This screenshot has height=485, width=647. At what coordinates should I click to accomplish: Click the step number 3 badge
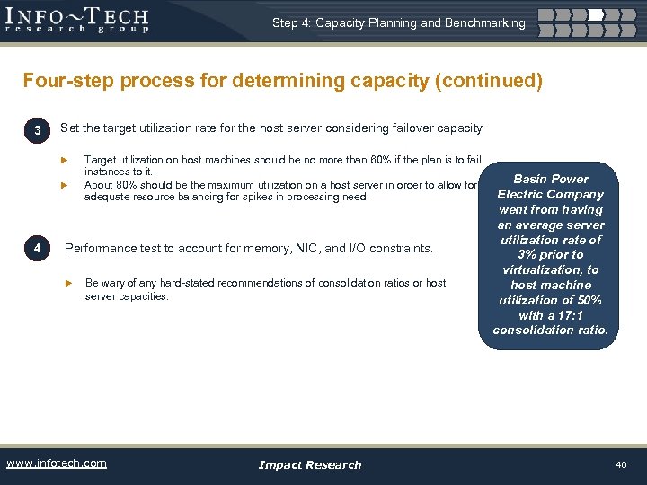point(37,132)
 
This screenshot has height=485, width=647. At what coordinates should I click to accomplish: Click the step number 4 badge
point(37,248)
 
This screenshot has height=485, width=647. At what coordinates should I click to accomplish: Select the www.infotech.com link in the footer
point(56,463)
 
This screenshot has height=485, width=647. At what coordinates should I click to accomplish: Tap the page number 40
point(620,464)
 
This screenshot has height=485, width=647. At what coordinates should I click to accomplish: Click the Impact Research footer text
point(309,464)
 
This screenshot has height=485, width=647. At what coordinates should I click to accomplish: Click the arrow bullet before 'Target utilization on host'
point(65,160)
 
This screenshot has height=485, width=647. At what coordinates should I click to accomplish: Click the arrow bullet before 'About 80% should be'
point(65,185)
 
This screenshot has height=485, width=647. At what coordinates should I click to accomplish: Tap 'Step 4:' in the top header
point(291,22)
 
